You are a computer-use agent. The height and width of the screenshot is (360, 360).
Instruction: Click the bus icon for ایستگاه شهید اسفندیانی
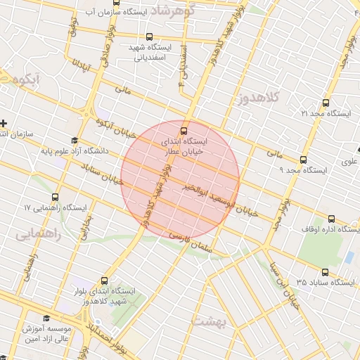[x=148, y=37]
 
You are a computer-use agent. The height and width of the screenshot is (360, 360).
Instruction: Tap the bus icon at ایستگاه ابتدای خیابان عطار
[x=184, y=131]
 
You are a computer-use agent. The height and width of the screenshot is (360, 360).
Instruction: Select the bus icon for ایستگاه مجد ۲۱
[x=324, y=103]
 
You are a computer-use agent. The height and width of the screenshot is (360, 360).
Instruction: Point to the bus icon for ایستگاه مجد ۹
[x=303, y=160]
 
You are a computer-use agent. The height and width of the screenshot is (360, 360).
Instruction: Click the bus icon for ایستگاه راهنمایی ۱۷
[x=56, y=198]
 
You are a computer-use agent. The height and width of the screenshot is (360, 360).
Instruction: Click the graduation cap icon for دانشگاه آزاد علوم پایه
[x=75, y=140]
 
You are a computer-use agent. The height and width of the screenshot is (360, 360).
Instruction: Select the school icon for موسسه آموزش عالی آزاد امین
[x=46, y=318]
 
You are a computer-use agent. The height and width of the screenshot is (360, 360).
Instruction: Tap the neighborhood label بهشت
[x=207, y=321]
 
